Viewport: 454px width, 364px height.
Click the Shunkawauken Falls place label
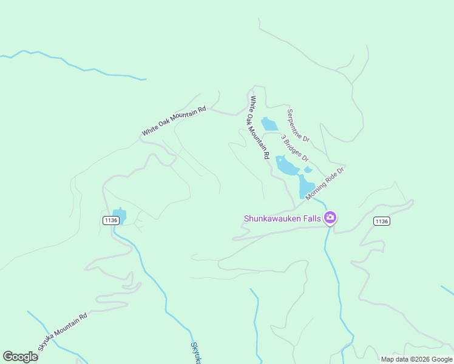click(x=283, y=218)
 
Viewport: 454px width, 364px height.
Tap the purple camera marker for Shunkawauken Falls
click(x=330, y=217)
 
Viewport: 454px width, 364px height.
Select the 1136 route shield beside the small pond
click(x=110, y=220)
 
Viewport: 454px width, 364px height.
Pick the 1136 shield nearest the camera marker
click(x=381, y=221)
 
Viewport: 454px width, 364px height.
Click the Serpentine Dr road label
click(x=298, y=126)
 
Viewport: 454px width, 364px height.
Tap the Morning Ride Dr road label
click(x=325, y=184)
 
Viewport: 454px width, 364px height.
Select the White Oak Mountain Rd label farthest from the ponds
click(x=174, y=121)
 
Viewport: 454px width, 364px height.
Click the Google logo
click(x=20, y=357)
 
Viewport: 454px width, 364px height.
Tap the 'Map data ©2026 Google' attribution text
click(x=416, y=359)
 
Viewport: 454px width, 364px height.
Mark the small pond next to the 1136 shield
click(x=120, y=215)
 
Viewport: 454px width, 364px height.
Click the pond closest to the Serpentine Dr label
click(x=269, y=124)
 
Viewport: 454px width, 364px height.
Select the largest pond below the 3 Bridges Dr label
click(x=286, y=164)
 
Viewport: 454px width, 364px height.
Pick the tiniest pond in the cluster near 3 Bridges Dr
click(x=308, y=169)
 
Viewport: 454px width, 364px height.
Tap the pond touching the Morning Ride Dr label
click(x=305, y=186)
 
